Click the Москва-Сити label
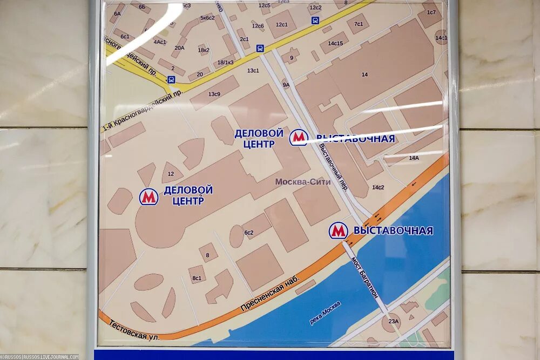click(303, 182)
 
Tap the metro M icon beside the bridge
click(339, 230)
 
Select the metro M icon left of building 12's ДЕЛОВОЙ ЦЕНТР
click(148, 196)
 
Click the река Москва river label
click(325, 313)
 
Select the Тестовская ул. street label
click(134, 330)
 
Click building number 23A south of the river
click(393, 322)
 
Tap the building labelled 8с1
click(197, 278)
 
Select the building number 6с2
click(249, 233)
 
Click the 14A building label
click(414, 158)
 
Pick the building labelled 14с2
click(378, 187)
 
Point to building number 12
click(171, 174)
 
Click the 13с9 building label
click(214, 94)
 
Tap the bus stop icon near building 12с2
click(315, 21)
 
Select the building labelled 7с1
click(359, 24)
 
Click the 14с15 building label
click(335, 43)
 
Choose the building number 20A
click(179, 47)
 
